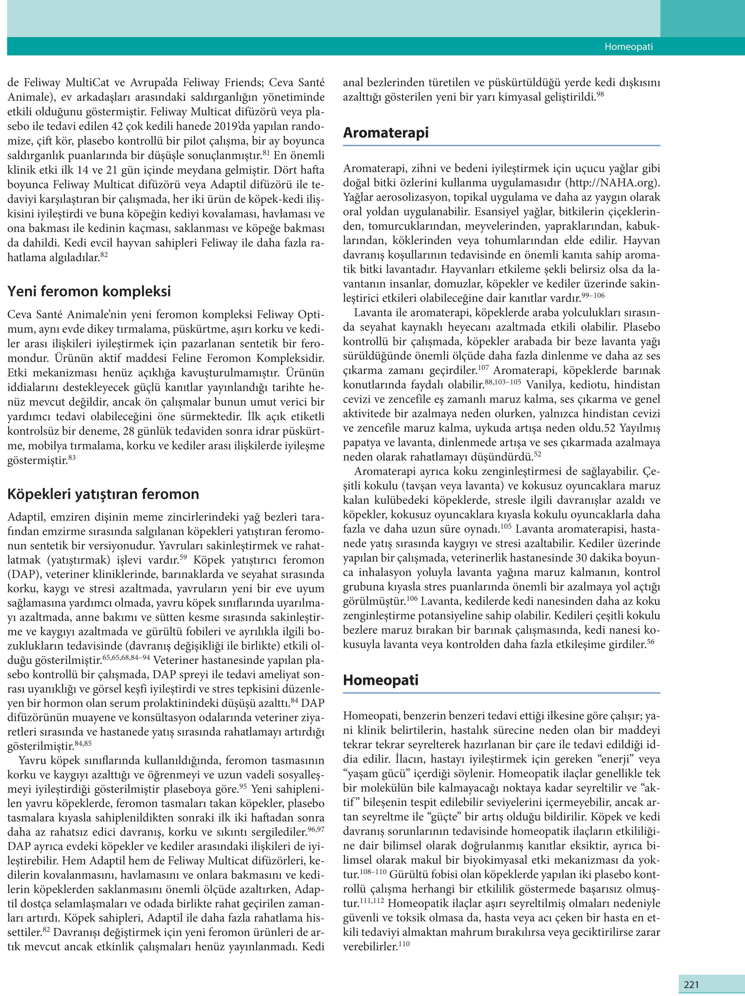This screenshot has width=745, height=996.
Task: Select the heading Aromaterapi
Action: pyautogui.click(x=386, y=133)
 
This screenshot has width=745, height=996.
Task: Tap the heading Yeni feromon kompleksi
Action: pyautogui.click(x=89, y=291)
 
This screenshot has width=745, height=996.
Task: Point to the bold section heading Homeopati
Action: pyautogui.click(x=381, y=680)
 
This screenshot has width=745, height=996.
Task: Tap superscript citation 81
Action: pyautogui.click(x=266, y=153)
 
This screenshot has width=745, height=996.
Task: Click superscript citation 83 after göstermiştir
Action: pyautogui.click(x=72, y=458)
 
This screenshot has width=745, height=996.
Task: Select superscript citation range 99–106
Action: pyautogui.click(x=593, y=295)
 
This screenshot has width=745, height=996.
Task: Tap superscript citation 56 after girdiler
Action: pyautogui.click(x=650, y=641)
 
